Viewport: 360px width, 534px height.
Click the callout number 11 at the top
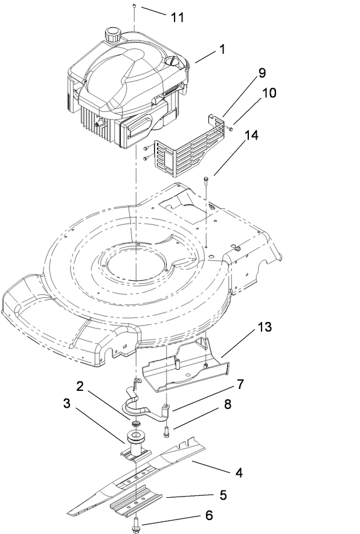coord(176,18)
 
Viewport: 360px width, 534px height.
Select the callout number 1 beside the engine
coord(222,48)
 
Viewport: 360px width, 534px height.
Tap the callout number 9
coord(262,72)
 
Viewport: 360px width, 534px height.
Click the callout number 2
coord(79,384)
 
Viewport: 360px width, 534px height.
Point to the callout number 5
coord(223,495)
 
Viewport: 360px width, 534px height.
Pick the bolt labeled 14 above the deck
coord(207,178)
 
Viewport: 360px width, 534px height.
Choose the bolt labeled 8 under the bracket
coord(166,431)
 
